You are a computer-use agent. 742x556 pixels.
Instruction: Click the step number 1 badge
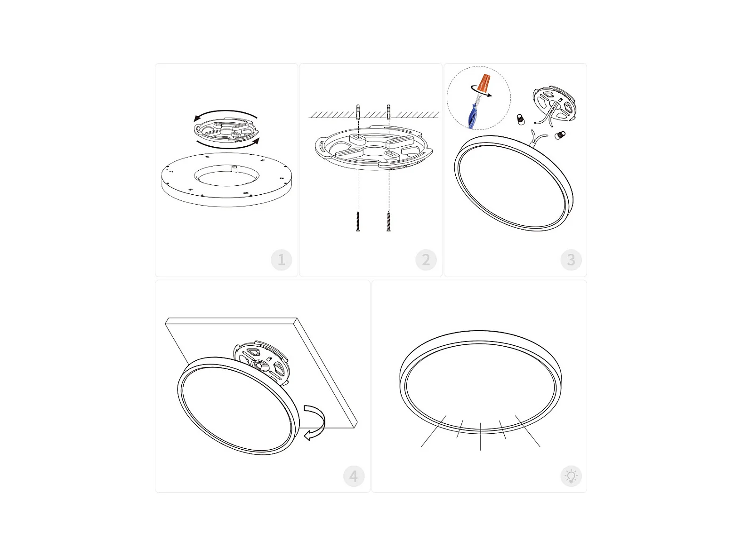coord(281,260)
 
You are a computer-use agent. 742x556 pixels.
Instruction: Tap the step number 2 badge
coord(426,260)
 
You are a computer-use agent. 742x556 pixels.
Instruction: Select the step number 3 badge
coord(571,260)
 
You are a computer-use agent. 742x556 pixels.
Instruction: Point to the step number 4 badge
coord(354,476)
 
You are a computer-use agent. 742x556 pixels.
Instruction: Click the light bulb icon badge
coord(571,476)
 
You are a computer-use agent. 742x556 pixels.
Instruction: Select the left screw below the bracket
coord(358,221)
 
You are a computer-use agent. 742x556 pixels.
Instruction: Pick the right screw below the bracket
coord(389,221)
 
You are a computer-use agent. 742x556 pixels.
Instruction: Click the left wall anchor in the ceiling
coord(358,112)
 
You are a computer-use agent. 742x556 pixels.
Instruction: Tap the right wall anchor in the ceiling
coord(389,112)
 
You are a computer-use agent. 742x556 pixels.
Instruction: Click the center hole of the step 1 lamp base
coord(226,175)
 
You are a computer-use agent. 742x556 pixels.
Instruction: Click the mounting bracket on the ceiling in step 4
coord(261,362)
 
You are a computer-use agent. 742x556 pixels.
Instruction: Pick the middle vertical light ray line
coord(480,436)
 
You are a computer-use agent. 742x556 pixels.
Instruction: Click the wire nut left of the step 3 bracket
coord(521,119)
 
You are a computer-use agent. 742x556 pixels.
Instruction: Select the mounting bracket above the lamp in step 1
coord(226,130)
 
